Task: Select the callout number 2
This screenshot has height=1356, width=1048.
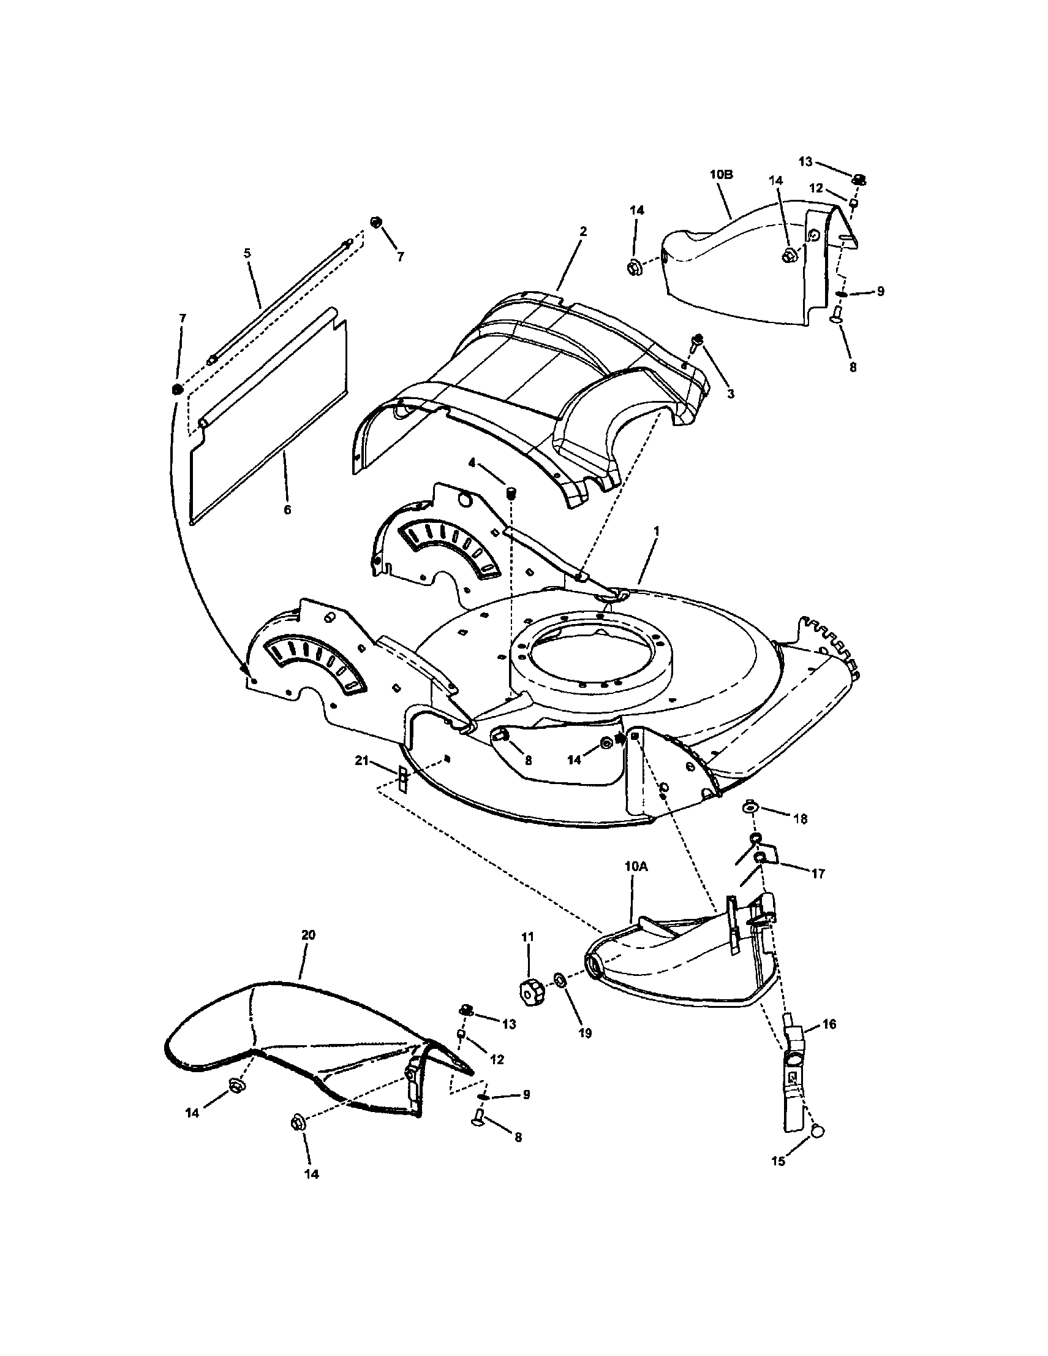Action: click(582, 231)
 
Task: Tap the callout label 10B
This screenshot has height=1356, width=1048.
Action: click(721, 175)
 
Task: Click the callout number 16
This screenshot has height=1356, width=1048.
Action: click(829, 1024)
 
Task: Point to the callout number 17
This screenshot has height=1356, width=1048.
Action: click(818, 874)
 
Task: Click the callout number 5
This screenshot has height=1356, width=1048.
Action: click(247, 253)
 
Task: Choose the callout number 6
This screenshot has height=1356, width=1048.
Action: click(287, 510)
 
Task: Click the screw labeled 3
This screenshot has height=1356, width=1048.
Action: click(698, 339)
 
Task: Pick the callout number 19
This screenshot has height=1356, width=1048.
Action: click(584, 1033)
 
